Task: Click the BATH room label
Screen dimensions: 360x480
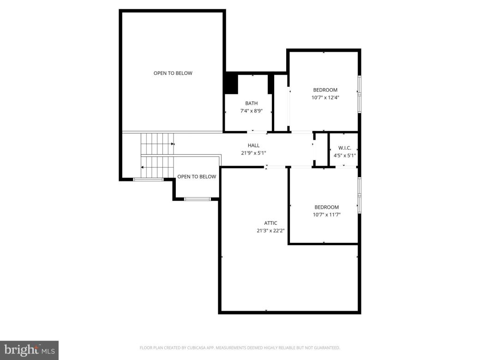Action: (x=252, y=103)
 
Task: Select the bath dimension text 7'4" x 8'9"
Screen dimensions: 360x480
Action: (x=252, y=111)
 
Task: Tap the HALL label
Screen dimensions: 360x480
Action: (x=253, y=145)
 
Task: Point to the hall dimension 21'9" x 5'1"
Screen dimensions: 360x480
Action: (x=253, y=153)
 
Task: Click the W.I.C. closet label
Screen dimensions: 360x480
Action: (x=345, y=148)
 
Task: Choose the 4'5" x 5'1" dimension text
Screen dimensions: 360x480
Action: (x=345, y=156)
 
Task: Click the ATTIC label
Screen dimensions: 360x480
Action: (x=270, y=223)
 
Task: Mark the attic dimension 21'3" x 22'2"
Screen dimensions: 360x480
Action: (x=270, y=231)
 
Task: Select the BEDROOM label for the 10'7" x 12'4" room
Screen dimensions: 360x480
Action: (x=325, y=90)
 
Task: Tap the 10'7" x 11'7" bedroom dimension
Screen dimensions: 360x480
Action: (x=327, y=215)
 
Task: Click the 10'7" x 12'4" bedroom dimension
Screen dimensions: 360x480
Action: (x=325, y=97)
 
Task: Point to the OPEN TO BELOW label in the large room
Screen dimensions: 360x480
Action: (x=173, y=73)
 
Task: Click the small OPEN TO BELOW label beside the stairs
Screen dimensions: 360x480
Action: (x=197, y=176)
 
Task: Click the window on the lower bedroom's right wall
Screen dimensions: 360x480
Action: (x=360, y=194)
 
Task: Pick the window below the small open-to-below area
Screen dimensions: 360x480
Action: (x=197, y=199)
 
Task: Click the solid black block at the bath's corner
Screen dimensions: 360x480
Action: (x=230, y=84)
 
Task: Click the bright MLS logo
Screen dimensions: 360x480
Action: (x=29, y=350)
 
